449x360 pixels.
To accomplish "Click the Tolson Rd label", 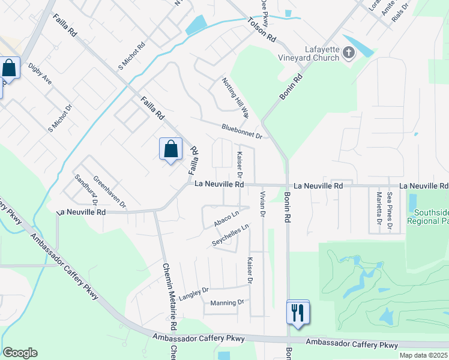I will tap(261, 29).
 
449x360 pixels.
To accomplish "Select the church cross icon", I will tap(349, 54).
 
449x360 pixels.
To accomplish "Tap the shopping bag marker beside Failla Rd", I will tap(170, 148).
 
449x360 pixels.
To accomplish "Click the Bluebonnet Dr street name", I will tap(242, 131).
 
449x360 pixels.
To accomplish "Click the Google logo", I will tap(20, 352).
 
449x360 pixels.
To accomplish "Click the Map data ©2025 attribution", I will tap(423, 355).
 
